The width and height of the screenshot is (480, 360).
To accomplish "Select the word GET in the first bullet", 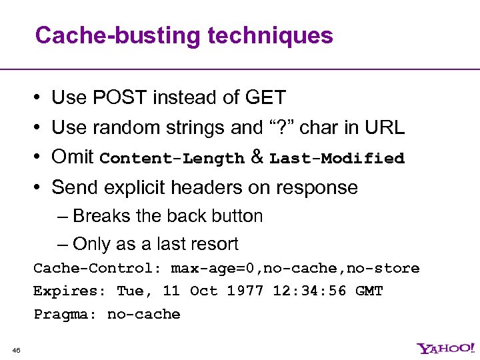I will click(x=265, y=97).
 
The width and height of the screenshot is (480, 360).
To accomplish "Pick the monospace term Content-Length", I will click(x=172, y=159).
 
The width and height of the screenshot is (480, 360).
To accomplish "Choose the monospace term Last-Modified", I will click(x=337, y=159).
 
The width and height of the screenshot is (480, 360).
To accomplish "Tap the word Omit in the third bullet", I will click(x=72, y=157).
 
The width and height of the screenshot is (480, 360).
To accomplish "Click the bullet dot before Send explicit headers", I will click(x=38, y=188).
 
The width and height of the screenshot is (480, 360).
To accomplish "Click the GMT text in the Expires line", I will click(x=369, y=291).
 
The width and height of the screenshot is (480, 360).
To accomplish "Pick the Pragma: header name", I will click(x=65, y=314).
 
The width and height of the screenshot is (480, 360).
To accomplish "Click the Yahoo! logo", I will click(x=446, y=348).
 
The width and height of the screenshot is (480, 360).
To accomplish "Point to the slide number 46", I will click(x=17, y=349).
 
